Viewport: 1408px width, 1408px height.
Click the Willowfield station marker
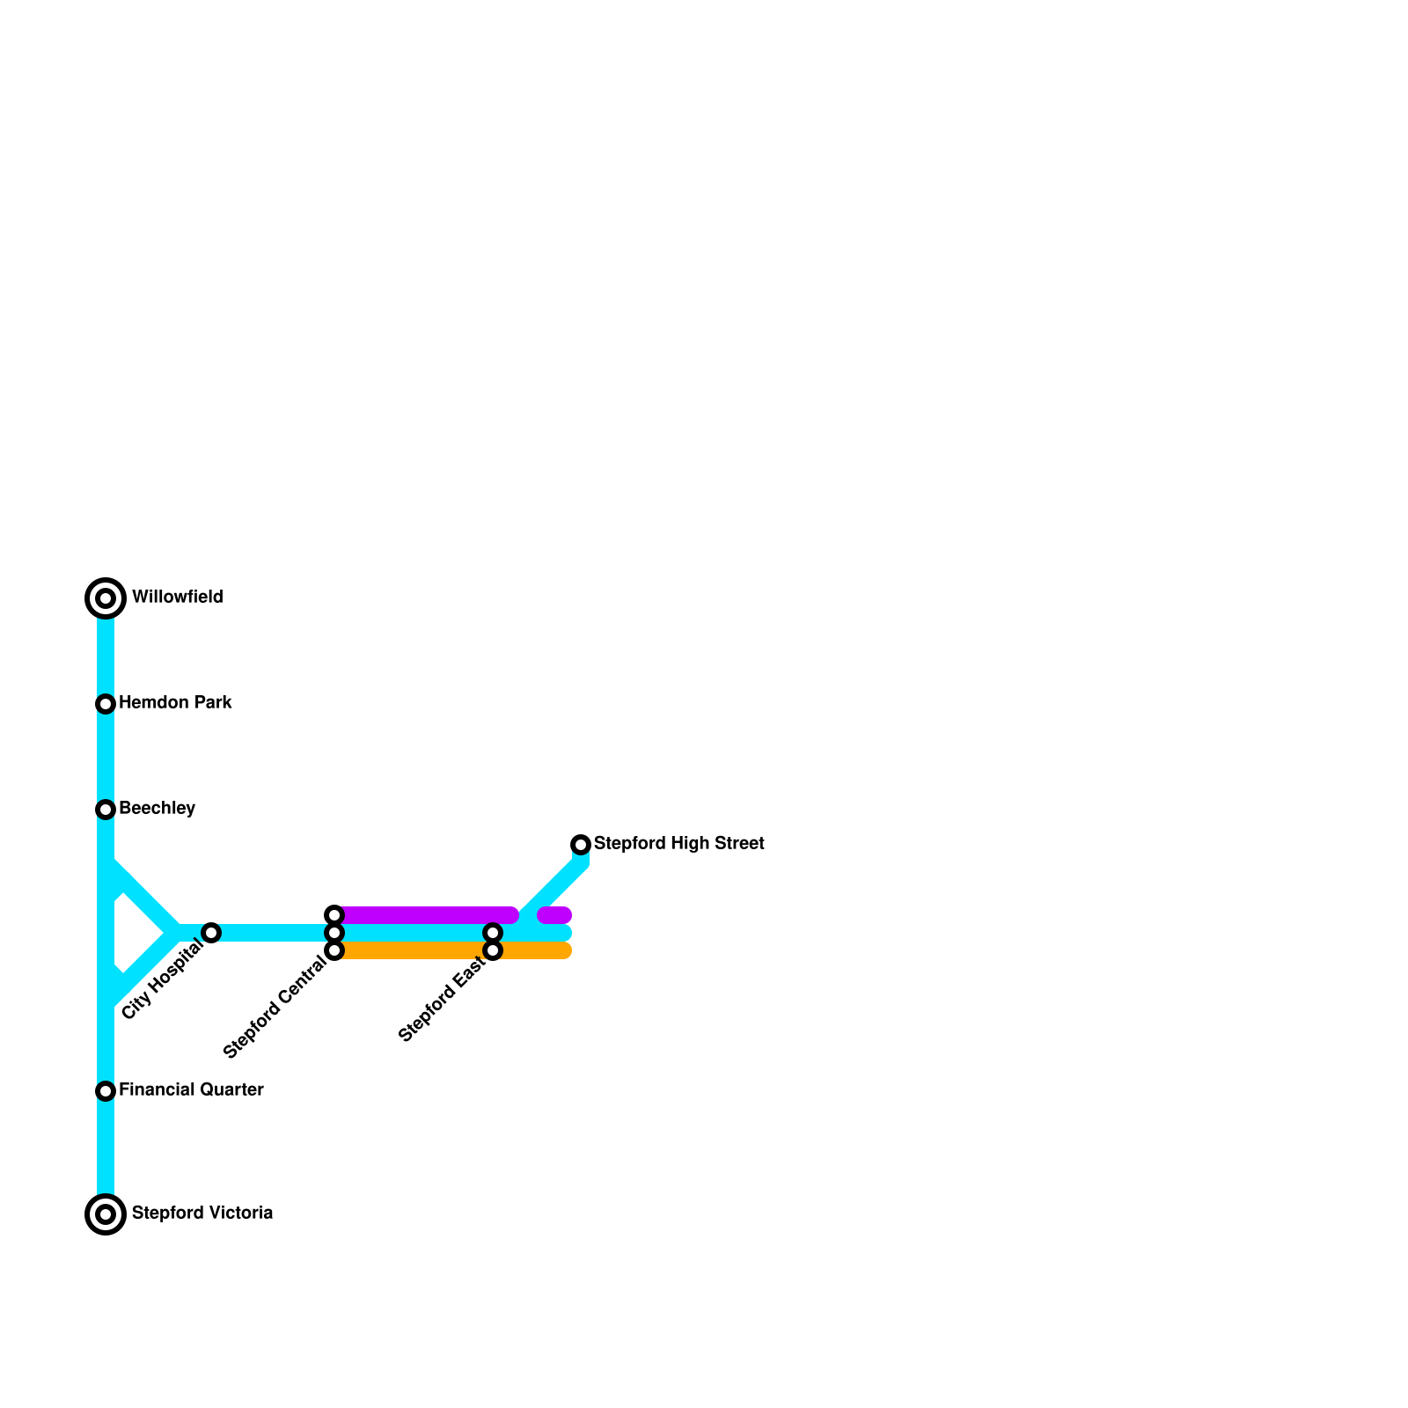[x=106, y=598]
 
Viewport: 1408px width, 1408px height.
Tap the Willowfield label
[x=177, y=598]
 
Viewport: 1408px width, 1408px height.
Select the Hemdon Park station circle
[x=106, y=704]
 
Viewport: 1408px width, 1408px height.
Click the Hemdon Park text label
[x=175, y=703]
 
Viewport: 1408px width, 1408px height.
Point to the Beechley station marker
[x=106, y=810]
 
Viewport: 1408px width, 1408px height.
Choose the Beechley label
[x=157, y=809]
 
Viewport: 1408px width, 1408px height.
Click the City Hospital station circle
[x=211, y=933]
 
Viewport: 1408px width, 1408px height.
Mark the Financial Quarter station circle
[x=106, y=1091]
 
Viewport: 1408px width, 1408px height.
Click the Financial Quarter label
[x=191, y=1090]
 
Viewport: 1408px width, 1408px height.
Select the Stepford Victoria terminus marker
[x=106, y=1214]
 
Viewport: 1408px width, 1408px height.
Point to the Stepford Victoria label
[x=202, y=1214]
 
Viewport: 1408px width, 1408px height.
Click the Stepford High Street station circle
[x=581, y=845]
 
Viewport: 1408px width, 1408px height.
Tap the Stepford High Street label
[x=678, y=844]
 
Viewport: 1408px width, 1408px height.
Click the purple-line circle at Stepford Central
[x=334, y=915]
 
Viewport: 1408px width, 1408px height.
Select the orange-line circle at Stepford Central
[x=334, y=950]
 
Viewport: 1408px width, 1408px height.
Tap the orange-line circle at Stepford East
[x=493, y=950]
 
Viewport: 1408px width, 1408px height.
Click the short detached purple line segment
[x=555, y=915]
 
